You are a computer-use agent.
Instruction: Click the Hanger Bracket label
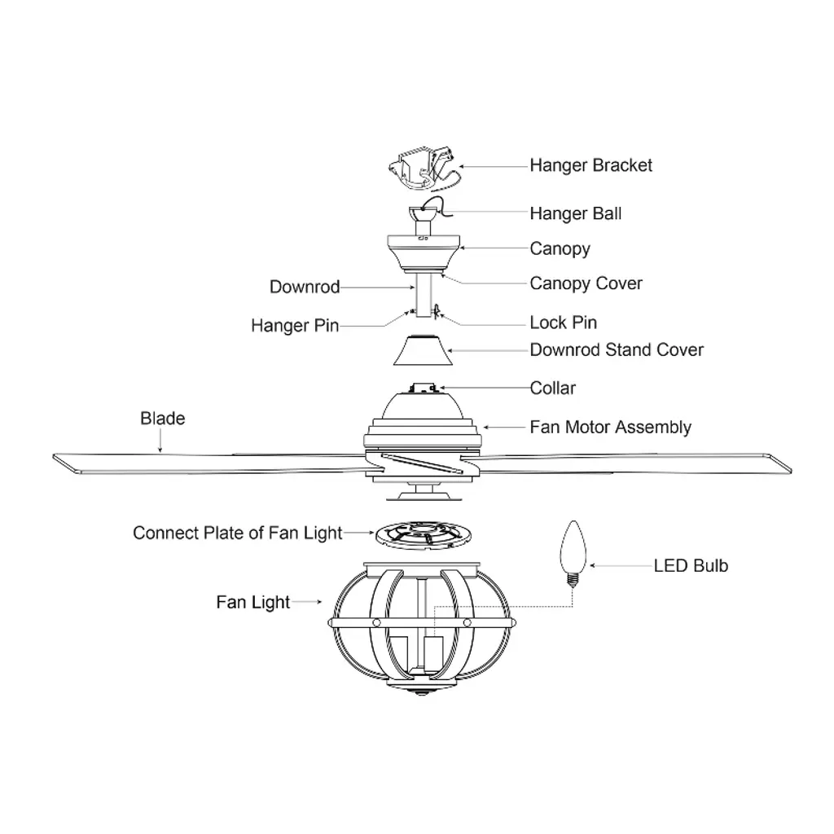(x=590, y=165)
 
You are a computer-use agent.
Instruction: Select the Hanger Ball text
(x=575, y=213)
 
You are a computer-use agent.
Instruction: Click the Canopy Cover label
(x=586, y=283)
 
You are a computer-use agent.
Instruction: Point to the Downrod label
(x=304, y=287)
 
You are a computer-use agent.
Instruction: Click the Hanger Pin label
(x=294, y=326)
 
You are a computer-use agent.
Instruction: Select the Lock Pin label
(x=563, y=323)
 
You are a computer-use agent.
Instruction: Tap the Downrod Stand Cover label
(x=617, y=350)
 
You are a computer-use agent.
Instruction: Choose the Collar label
(x=552, y=388)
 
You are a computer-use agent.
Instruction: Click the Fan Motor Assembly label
(x=610, y=427)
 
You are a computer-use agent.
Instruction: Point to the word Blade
(x=162, y=419)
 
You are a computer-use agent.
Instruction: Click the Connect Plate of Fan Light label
(x=237, y=533)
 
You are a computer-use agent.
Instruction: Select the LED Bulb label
(x=691, y=565)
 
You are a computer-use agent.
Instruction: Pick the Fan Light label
(x=252, y=603)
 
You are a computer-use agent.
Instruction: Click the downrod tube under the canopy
(x=423, y=293)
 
